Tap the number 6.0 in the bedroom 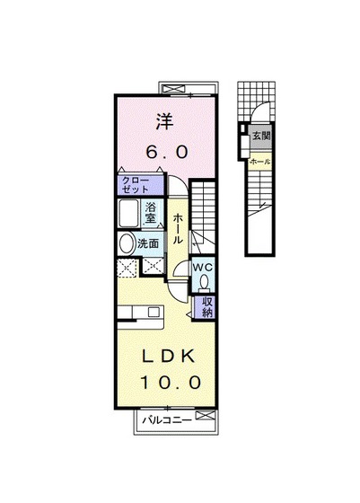[x=164, y=153]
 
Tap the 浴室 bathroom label [x=153, y=215]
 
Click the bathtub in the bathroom [x=128, y=215]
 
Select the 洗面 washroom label [x=148, y=243]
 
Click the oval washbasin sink [x=125, y=243]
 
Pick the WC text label [x=202, y=267]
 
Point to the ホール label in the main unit [x=180, y=229]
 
